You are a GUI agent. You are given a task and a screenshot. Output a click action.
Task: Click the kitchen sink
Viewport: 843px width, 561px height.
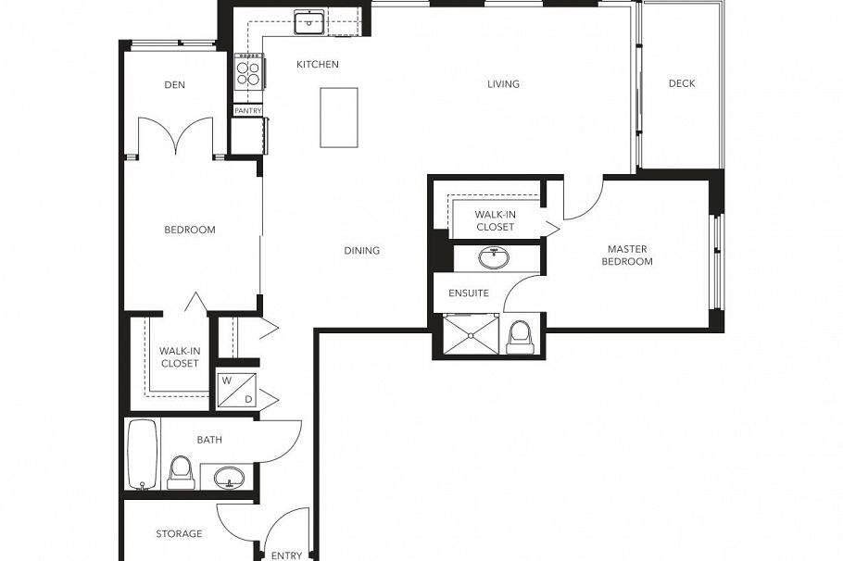click(308, 21)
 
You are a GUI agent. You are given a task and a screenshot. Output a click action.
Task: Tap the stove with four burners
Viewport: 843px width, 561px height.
click(248, 70)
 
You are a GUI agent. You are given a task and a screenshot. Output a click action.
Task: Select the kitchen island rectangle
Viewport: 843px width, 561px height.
click(339, 118)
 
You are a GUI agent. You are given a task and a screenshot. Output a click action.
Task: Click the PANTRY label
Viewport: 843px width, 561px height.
click(247, 111)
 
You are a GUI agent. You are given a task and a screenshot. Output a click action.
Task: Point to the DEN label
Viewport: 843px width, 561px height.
click(174, 85)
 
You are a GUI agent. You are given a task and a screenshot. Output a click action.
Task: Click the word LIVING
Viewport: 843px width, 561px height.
click(503, 84)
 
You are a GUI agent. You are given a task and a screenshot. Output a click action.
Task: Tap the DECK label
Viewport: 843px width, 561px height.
click(682, 84)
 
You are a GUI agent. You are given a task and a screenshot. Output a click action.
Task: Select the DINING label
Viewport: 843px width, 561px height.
click(361, 251)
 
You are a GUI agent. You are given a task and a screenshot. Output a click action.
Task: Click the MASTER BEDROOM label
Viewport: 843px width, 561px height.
click(627, 256)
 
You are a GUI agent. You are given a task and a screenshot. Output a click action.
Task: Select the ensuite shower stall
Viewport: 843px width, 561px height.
click(471, 335)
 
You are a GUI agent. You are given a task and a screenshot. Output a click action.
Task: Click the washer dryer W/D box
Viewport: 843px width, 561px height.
click(236, 389)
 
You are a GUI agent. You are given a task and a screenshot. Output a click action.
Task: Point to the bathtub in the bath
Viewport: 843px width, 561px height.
click(143, 454)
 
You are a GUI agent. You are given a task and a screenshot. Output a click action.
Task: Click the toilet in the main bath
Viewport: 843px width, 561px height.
click(181, 471)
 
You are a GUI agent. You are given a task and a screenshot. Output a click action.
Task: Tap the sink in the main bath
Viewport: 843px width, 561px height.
click(229, 478)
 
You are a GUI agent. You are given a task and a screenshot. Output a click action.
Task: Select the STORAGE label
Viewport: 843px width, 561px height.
click(179, 534)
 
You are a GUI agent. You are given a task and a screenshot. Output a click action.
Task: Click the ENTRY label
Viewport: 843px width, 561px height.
click(286, 555)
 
